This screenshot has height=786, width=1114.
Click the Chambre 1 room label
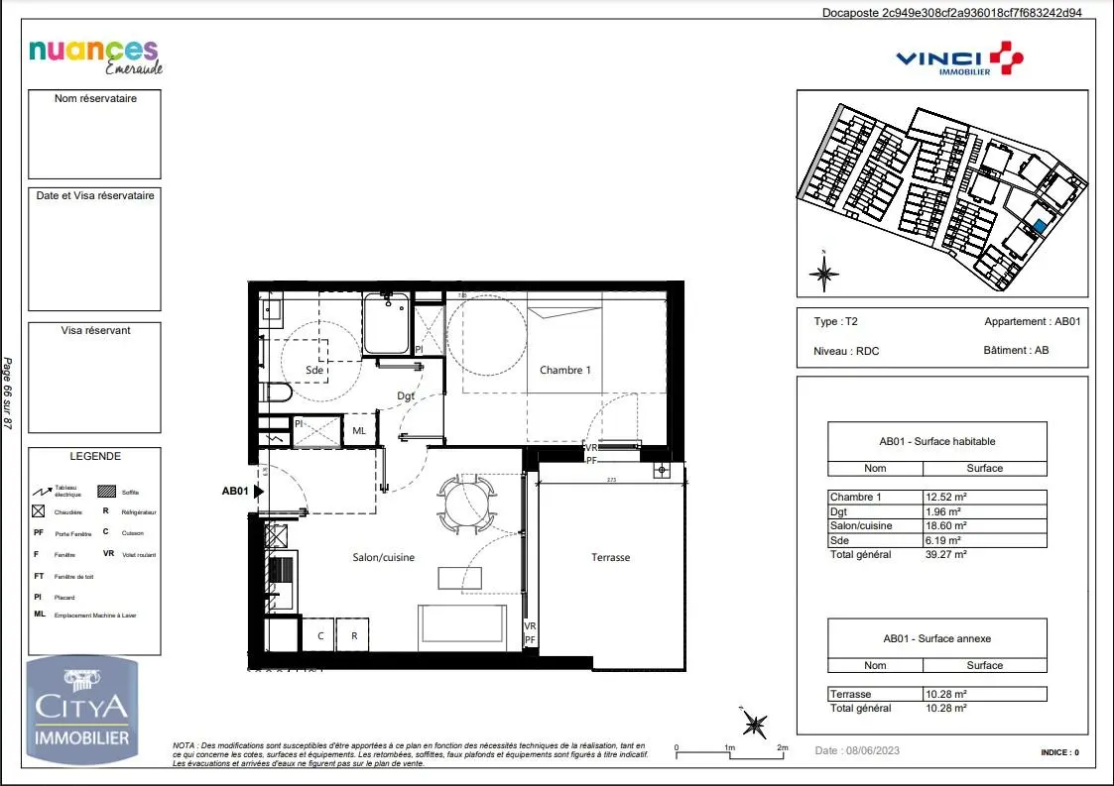564,370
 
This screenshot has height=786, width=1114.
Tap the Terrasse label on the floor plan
610,557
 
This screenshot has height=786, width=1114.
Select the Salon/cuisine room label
384,557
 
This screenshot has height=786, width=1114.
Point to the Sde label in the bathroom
314,370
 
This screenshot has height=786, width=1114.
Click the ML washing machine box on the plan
359,430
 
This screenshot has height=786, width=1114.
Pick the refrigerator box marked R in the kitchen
353,635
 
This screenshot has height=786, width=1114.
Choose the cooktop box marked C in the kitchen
319,635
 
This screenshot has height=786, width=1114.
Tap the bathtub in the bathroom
387,323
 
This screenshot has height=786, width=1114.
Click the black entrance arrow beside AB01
260,491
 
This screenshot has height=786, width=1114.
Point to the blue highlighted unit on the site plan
1039,227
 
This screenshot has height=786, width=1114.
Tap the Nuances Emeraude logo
95,56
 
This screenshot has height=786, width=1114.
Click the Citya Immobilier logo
81,710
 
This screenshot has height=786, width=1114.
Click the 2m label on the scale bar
782,747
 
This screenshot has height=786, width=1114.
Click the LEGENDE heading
95,457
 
